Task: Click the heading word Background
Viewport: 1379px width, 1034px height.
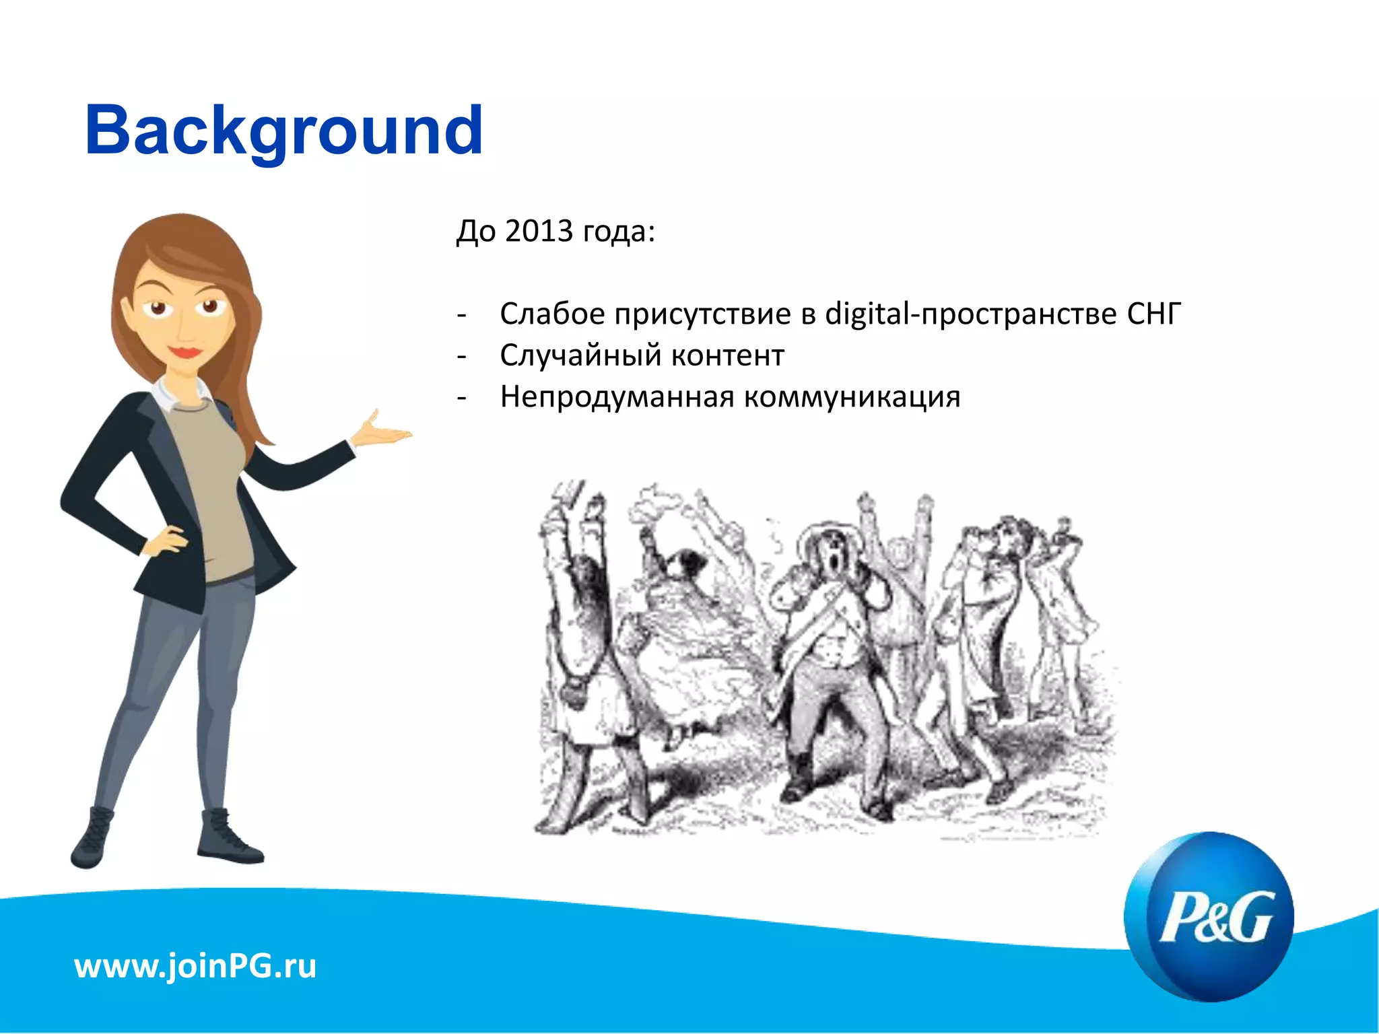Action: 283,131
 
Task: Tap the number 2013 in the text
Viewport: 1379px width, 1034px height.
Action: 539,231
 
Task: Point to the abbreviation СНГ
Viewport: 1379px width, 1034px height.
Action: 1153,314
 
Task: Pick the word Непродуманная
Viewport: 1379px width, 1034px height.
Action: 616,397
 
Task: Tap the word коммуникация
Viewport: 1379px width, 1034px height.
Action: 852,397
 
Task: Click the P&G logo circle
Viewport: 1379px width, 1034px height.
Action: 1209,916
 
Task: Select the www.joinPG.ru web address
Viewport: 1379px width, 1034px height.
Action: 195,966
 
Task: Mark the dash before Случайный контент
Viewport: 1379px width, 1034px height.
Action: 461,356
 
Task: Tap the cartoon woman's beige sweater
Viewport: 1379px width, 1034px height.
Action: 215,485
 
